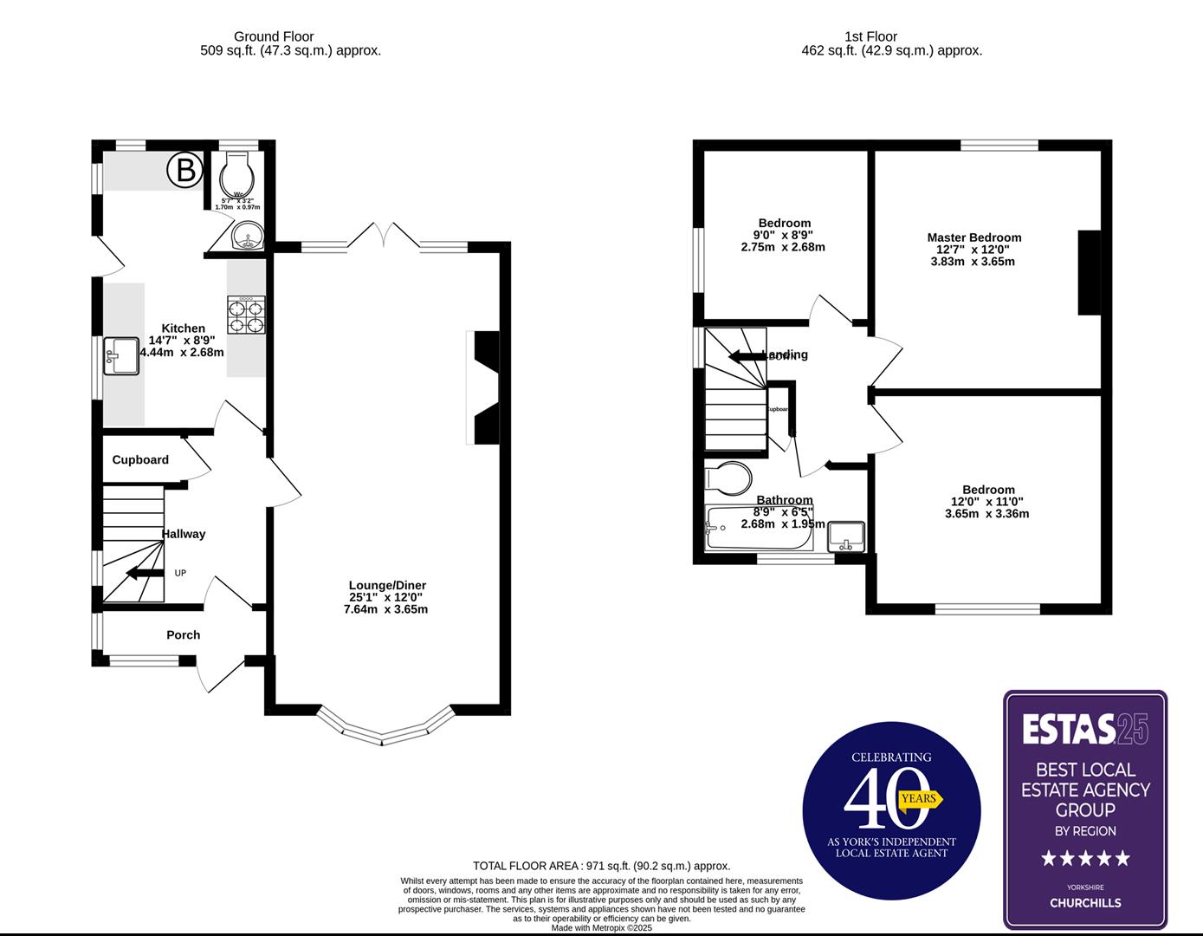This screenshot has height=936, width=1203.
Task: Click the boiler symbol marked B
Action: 185,171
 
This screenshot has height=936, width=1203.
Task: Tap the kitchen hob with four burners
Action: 246,315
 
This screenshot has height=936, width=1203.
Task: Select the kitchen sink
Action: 121,356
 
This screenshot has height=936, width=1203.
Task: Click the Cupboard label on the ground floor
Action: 140,460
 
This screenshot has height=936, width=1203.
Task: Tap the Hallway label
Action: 184,534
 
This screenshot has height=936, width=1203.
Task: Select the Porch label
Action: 184,635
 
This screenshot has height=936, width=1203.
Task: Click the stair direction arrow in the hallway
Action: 144,572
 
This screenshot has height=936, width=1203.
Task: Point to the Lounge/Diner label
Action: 387,585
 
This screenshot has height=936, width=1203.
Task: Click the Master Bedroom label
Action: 974,237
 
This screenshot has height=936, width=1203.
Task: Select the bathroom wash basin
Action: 846,537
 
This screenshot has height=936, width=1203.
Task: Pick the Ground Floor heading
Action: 274,36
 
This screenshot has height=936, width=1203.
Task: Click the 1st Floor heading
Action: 870,36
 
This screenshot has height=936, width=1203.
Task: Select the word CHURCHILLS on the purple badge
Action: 1085,903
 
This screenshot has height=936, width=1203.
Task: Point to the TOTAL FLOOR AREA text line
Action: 601,866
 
